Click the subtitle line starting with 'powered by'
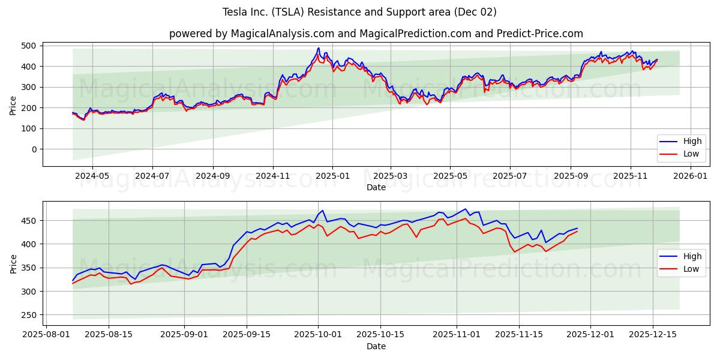pyautogui.click(x=376, y=34)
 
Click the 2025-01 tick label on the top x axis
pyautogui.click(x=332, y=176)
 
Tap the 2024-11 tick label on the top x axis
pyautogui.click(x=273, y=176)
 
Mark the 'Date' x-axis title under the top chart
pyautogui.click(x=376, y=188)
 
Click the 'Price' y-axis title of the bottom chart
pyautogui.click(x=13, y=263)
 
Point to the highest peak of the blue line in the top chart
pyautogui.click(x=319, y=48)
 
